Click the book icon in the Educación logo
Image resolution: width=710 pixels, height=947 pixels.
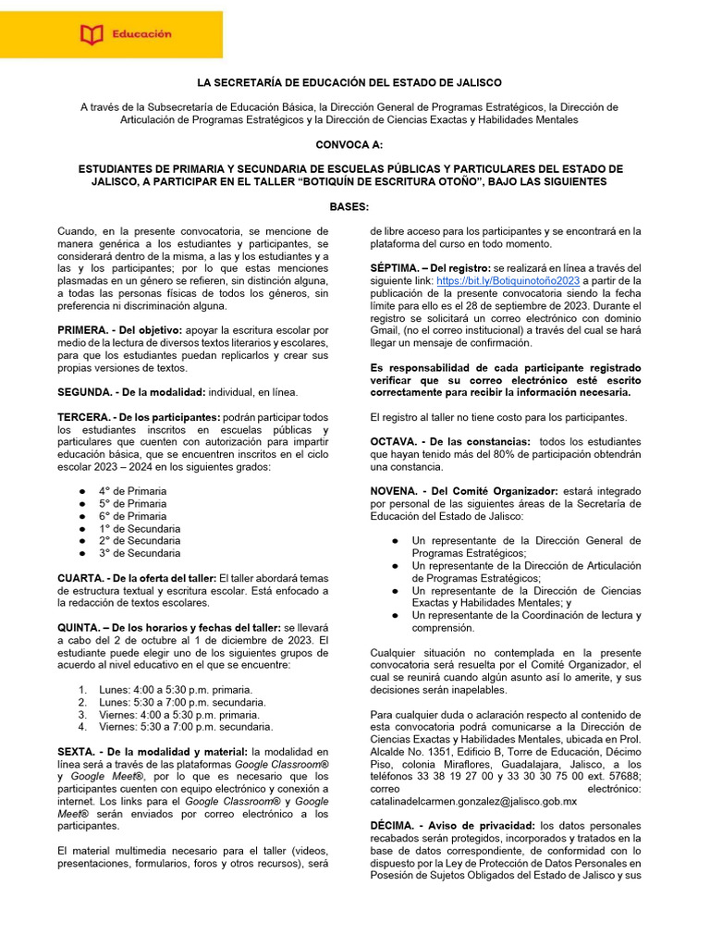pyautogui.click(x=92, y=35)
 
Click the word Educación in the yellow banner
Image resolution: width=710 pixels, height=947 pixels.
pyautogui.click(x=141, y=34)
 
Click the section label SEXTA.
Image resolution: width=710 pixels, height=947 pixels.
pyautogui.click(x=77, y=751)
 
